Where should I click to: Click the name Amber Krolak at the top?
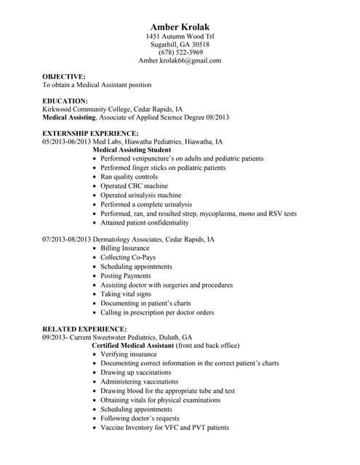[x=180, y=27]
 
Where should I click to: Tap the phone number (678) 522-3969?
[x=180, y=52]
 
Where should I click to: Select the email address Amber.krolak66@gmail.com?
[x=180, y=61]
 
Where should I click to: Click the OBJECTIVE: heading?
[x=64, y=76]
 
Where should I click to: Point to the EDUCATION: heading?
[x=65, y=100]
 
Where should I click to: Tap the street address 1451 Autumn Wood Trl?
[x=180, y=36]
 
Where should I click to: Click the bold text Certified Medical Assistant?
[x=134, y=345]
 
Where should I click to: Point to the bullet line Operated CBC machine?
[x=135, y=186]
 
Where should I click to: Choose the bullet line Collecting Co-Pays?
[x=128, y=257]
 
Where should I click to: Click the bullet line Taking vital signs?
[x=126, y=294]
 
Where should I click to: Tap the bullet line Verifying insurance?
[x=129, y=354]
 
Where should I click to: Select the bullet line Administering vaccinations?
[x=139, y=381]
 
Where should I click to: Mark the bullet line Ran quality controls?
[x=129, y=177]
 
